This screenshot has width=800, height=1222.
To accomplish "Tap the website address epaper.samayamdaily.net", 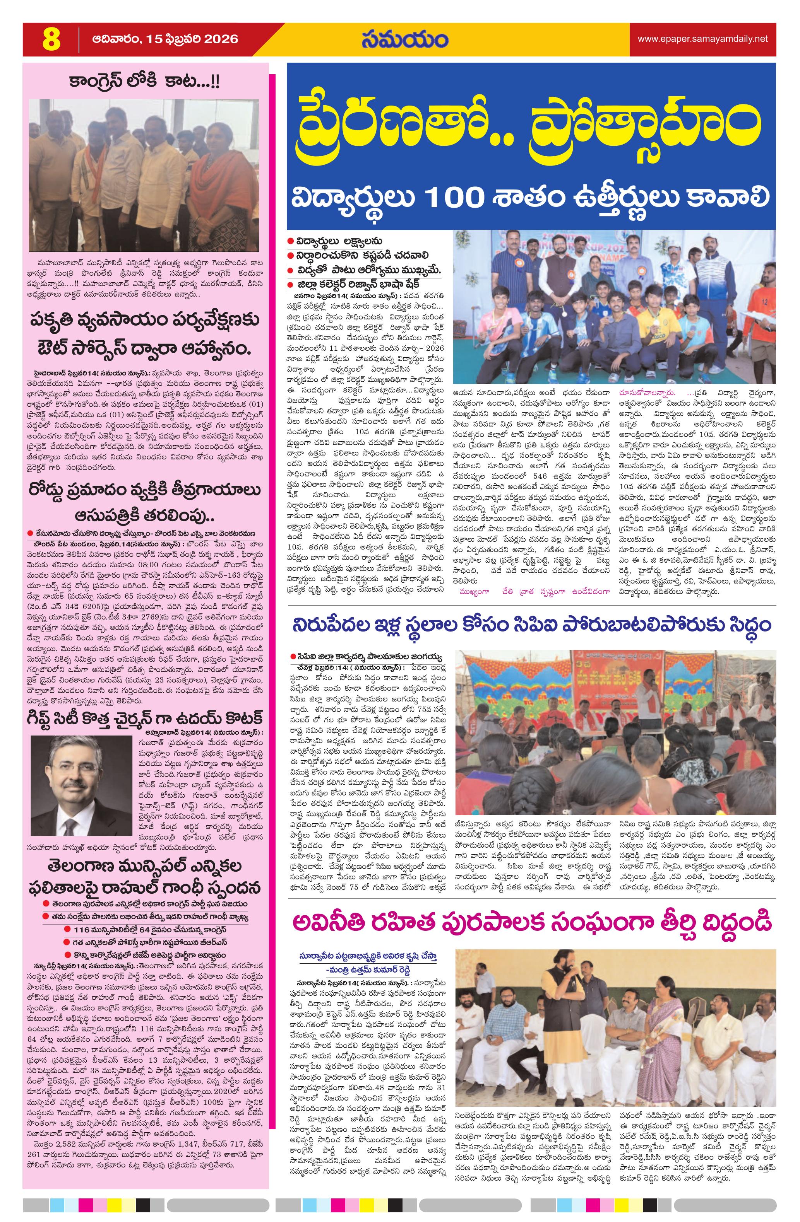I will pos(702,39).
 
